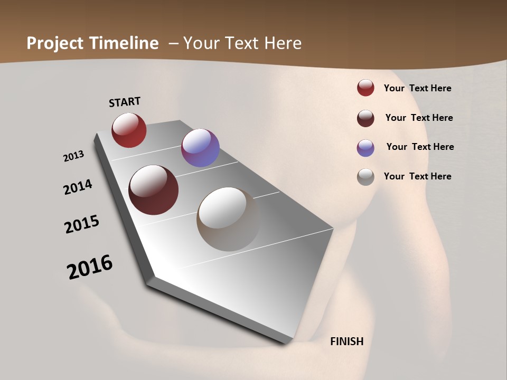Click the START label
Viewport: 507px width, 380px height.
coord(125,102)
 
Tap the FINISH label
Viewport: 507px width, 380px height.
coord(346,341)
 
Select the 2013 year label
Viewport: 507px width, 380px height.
coord(73,156)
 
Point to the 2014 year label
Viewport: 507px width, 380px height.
coord(78,187)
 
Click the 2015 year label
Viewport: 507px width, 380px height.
coord(82,224)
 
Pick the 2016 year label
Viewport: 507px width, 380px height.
coord(90,267)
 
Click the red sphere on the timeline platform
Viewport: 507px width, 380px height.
coord(129,130)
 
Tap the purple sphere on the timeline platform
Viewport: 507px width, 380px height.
coord(200,148)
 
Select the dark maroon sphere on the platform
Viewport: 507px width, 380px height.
coord(153,190)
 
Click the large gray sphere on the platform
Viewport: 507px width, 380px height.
coord(228,219)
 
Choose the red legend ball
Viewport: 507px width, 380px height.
coord(365,88)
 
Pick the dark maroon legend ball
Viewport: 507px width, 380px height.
coord(365,118)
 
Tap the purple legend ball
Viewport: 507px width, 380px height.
coord(365,148)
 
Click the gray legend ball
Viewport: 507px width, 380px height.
coord(365,177)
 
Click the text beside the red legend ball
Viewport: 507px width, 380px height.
coord(417,88)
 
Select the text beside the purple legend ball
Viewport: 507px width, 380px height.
coord(420,147)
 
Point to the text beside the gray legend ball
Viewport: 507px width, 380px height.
coord(417,176)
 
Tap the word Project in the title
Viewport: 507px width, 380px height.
coord(55,43)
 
